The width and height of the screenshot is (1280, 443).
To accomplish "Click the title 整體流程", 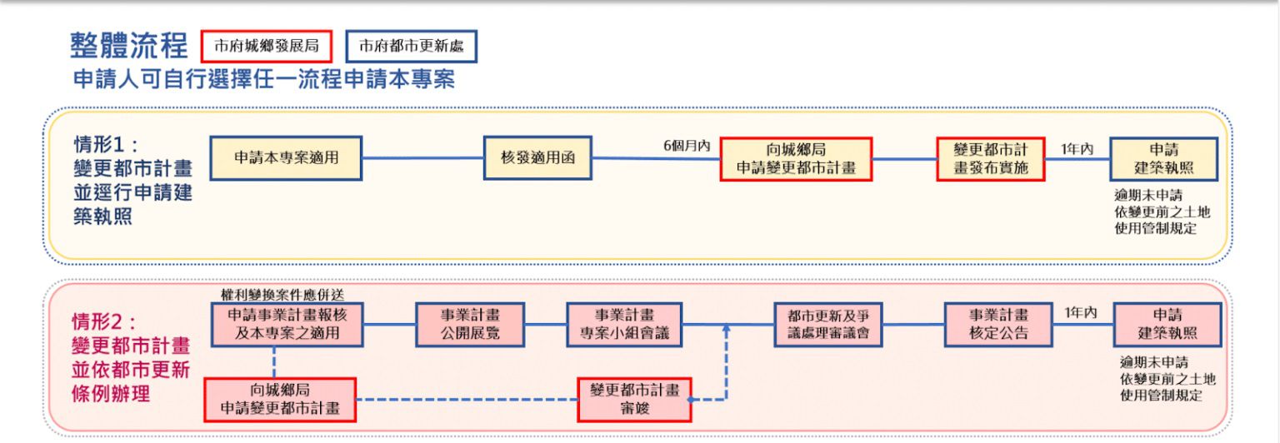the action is [128, 46].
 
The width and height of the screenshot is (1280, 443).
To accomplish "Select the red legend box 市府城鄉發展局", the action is [267, 47].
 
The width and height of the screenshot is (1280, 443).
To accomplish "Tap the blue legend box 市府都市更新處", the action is [412, 47].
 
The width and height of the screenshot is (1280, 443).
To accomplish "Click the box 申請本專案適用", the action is [287, 158].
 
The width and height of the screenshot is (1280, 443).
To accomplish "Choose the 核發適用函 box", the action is [537, 158].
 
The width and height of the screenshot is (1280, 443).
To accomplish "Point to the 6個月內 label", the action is [687, 146].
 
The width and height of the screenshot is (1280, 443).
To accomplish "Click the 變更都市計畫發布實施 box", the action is [991, 159].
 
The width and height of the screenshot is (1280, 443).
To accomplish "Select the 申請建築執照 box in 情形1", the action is [1164, 159].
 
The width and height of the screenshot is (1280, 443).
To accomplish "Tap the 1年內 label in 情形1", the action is [1077, 149].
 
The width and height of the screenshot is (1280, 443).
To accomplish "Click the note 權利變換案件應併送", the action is [282, 295].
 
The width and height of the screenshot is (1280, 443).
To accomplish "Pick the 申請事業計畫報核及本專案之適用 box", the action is [287, 325].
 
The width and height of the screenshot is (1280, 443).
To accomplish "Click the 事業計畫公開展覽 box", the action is [470, 325].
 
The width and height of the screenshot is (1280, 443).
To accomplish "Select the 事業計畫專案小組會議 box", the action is [624, 325].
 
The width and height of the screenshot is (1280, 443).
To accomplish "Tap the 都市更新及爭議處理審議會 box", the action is [828, 325].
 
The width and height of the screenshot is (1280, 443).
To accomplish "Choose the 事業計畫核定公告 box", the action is [999, 325].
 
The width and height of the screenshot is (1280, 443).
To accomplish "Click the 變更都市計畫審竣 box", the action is [634, 400].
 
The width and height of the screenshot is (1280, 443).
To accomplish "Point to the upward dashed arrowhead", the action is [727, 329].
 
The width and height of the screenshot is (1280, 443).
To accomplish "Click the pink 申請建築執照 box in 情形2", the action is [1167, 325].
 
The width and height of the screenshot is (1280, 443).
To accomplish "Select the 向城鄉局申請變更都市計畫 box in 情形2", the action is [280, 400].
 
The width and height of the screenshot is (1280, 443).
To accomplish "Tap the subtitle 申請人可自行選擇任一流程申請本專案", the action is [264, 79].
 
